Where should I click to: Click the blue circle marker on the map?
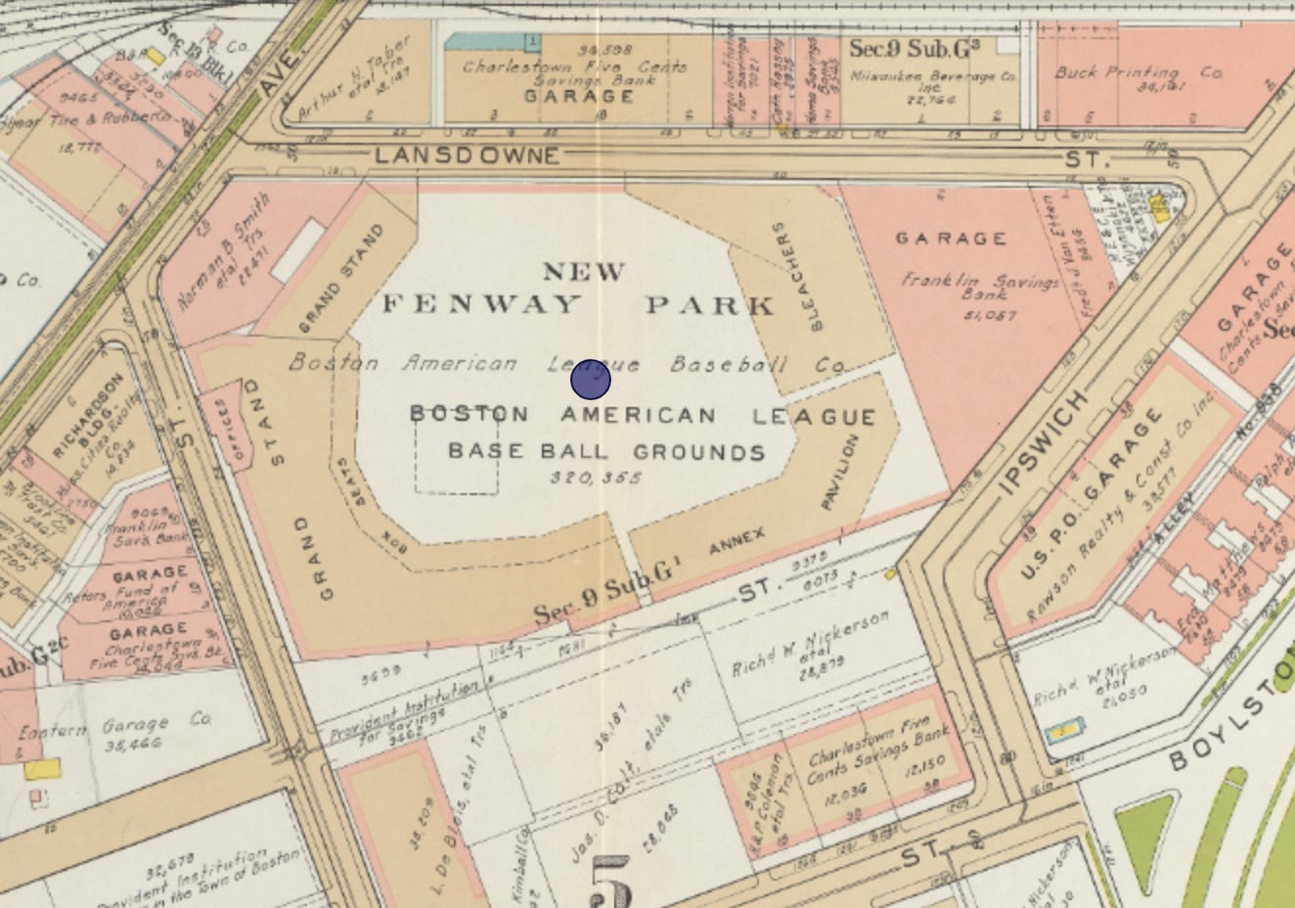pyautogui.click(x=591, y=379)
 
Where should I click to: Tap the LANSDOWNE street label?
pyautogui.click(x=467, y=156)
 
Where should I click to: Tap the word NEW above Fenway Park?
pyautogui.click(x=584, y=271)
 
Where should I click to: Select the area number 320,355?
pyautogui.click(x=596, y=477)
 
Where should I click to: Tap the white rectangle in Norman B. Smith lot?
pyautogui.click(x=297, y=250)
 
